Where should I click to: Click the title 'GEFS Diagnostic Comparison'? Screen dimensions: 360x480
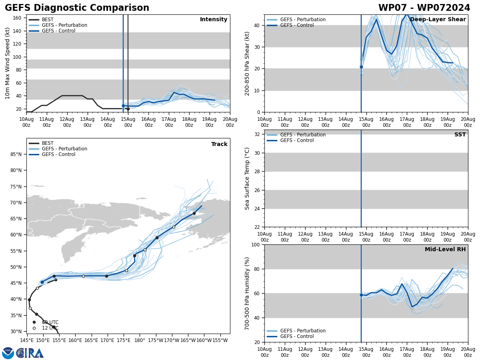tap(77, 8)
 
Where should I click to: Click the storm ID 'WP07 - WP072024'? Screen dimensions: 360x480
tap(424, 8)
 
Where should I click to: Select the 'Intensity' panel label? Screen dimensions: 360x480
tap(213, 20)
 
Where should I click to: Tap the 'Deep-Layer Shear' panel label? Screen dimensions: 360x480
tap(438, 20)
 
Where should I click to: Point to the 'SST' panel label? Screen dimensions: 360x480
tap(460, 135)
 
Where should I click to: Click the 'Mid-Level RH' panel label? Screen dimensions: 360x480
tap(445, 250)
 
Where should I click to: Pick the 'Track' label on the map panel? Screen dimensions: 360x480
tap(219, 144)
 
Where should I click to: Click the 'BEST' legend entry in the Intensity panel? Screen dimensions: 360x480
tap(48, 20)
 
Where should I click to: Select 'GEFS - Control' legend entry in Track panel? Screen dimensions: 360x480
tap(58, 154)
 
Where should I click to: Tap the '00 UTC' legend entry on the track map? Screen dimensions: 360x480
tap(50, 322)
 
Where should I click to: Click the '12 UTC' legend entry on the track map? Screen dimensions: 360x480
tap(50, 328)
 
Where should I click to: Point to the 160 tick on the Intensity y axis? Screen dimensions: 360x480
tap(17, 18)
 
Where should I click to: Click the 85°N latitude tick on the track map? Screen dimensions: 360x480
tap(16, 154)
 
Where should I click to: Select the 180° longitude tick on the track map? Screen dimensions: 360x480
tap(140, 340)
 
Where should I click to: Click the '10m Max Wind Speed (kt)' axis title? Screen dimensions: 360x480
tap(8, 63)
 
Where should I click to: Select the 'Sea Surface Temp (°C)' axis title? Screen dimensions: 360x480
tap(248, 178)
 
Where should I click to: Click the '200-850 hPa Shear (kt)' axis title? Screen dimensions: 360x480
tap(248, 63)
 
